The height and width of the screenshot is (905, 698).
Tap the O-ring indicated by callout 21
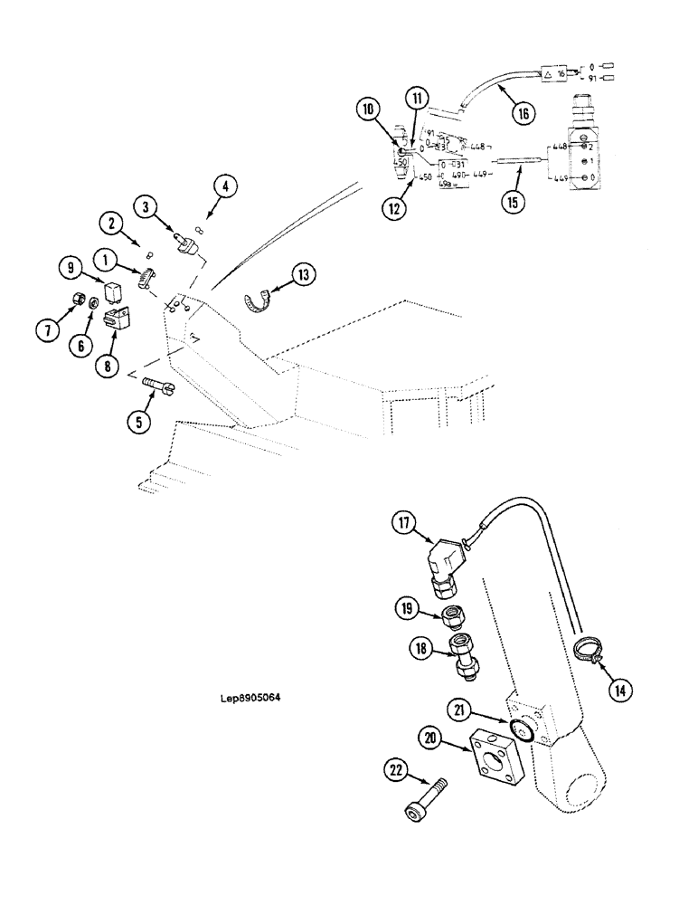tap(519, 729)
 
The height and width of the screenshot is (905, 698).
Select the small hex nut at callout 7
tap(79, 300)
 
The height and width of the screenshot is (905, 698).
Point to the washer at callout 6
tap(95, 300)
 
